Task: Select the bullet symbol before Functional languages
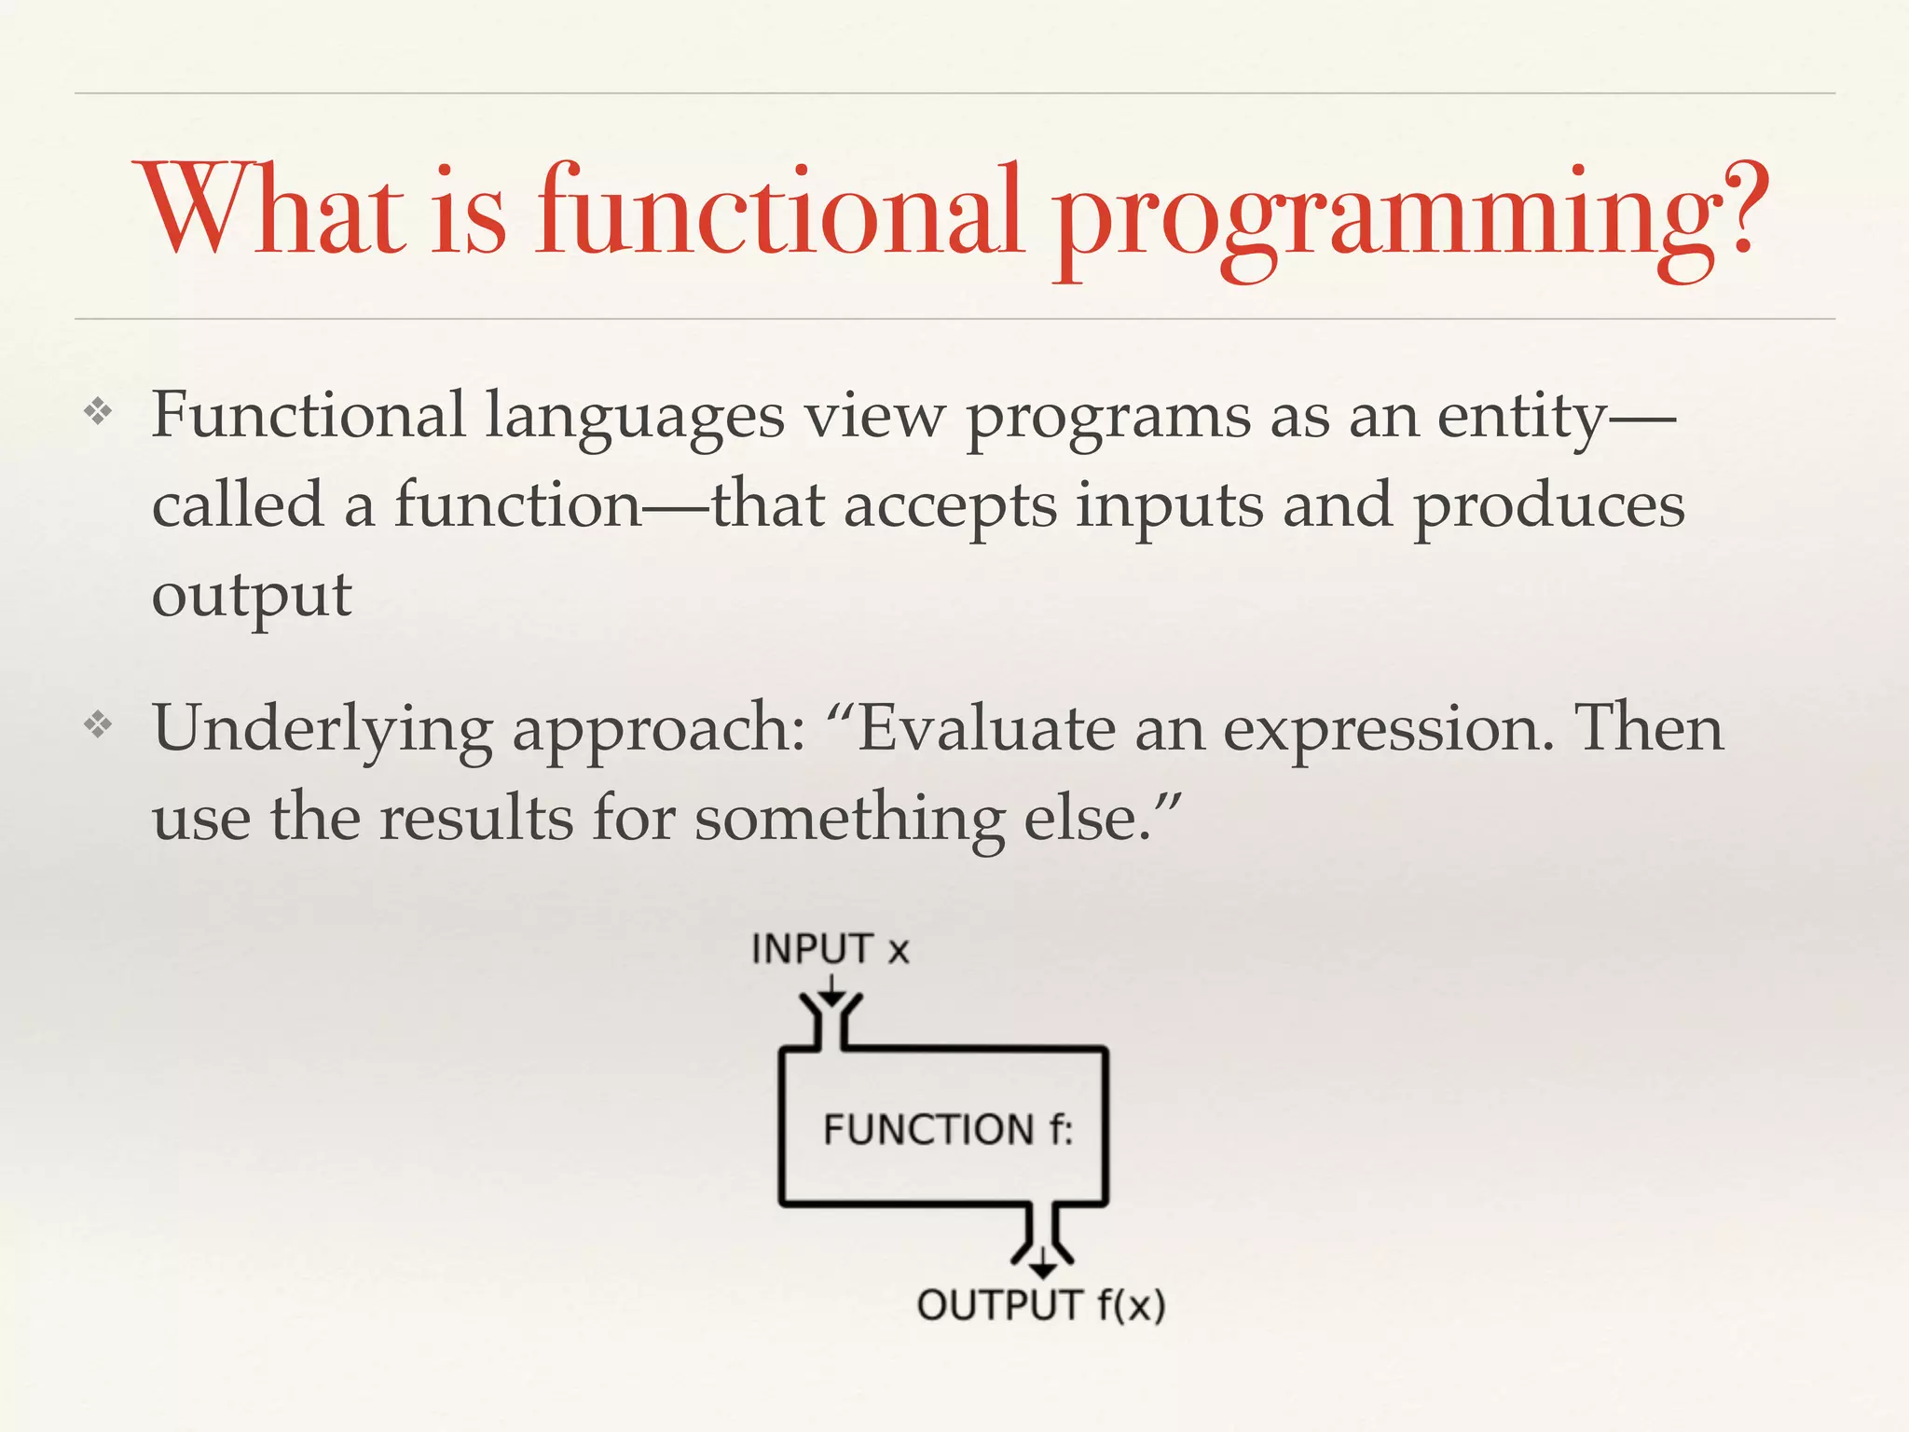click(x=98, y=412)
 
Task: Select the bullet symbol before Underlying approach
click(x=98, y=724)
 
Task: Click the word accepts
click(x=950, y=506)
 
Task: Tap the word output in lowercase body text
click(x=252, y=595)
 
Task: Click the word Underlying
click(x=323, y=729)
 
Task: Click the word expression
click(x=1388, y=729)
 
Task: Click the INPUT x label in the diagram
click(x=830, y=949)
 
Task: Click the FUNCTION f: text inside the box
click(x=948, y=1129)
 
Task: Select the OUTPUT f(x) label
click(x=1041, y=1304)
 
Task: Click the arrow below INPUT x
click(x=831, y=991)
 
